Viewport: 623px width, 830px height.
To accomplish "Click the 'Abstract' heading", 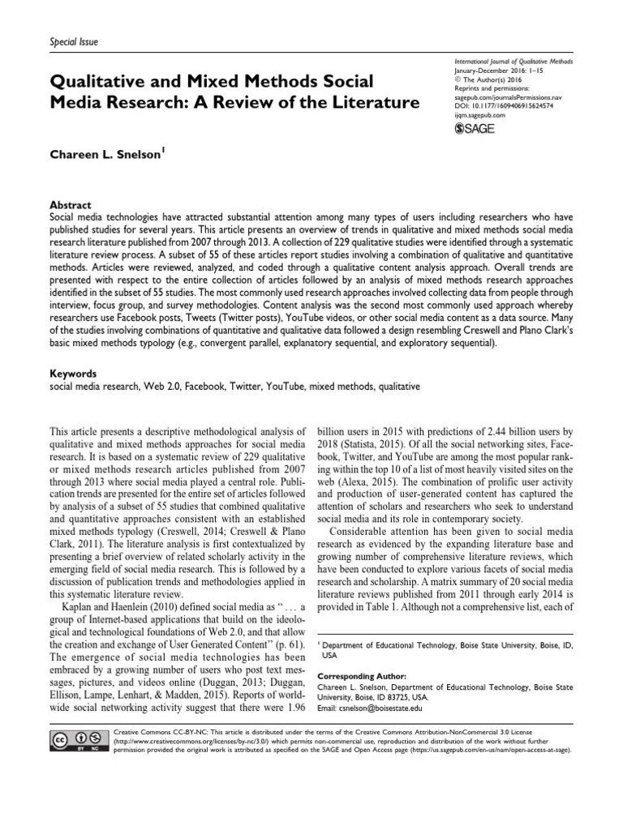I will coord(71,206).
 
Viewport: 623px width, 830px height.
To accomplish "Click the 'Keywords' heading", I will coord(74,374).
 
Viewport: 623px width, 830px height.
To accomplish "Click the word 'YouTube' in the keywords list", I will coord(277,387).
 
